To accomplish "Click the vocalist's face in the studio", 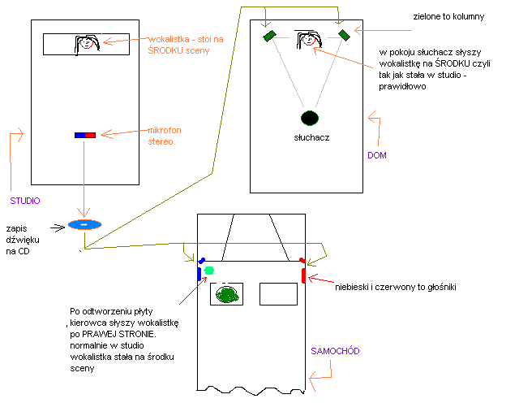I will pyautogui.click(x=87, y=44).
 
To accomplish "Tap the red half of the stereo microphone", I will pyautogui.click(x=91, y=135).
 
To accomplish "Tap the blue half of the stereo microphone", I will pyautogui.click(x=79, y=135).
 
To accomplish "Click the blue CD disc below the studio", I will pyautogui.click(x=84, y=224).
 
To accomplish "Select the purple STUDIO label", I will pyautogui.click(x=25, y=200).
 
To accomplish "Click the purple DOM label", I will pyautogui.click(x=376, y=154).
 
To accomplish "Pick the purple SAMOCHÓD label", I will pyautogui.click(x=335, y=351).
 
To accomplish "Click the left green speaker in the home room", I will pyautogui.click(x=269, y=35).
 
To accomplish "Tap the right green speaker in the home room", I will pyautogui.click(x=343, y=34).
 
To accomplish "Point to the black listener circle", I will pyautogui.click(x=309, y=119).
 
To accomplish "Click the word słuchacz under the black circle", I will pyautogui.click(x=309, y=138).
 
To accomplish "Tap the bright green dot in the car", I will pyautogui.click(x=209, y=270).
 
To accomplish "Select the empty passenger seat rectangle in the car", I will pyautogui.click(x=278, y=293).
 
